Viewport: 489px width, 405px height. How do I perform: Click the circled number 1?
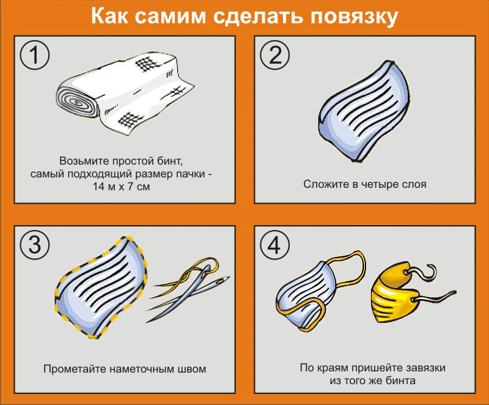[x=35, y=55]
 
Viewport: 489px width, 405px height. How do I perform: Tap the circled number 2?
[x=274, y=55]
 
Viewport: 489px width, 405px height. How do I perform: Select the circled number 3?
[x=35, y=245]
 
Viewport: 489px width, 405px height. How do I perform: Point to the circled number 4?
[x=274, y=245]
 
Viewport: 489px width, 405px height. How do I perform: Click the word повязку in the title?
[x=355, y=17]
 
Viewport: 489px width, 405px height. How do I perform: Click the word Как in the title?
[x=109, y=16]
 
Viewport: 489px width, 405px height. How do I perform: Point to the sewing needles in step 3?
[x=188, y=289]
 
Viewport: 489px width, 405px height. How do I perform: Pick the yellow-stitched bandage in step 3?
[x=101, y=287]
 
